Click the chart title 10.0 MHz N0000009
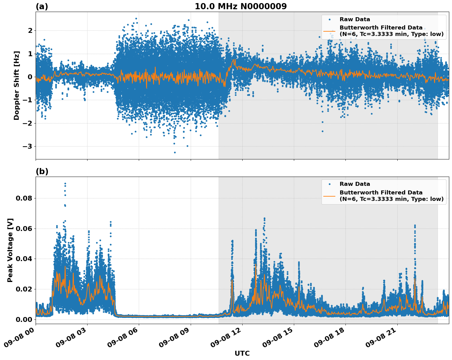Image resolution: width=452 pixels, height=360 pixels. [240, 6]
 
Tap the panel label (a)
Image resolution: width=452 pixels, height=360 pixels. [42, 6]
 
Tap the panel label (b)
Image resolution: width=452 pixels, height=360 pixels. [42, 171]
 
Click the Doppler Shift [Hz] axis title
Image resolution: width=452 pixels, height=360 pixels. [17, 85]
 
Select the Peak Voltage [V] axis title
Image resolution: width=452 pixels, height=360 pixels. [10, 250]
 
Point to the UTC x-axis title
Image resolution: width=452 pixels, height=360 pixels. [242, 353]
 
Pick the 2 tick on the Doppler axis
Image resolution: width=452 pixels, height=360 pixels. [30, 30]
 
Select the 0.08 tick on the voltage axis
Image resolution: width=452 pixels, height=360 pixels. [24, 198]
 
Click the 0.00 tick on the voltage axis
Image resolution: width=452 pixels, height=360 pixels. [24, 319]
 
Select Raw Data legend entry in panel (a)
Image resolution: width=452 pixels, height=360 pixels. [355, 19]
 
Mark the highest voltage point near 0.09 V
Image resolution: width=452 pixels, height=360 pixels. [65, 184]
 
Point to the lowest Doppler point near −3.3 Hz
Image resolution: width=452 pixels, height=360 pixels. [175, 152]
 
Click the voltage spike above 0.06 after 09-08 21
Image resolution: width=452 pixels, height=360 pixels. [415, 226]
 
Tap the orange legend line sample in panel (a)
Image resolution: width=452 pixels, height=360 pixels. [329, 31]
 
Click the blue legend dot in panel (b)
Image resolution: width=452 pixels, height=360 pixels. [329, 184]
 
